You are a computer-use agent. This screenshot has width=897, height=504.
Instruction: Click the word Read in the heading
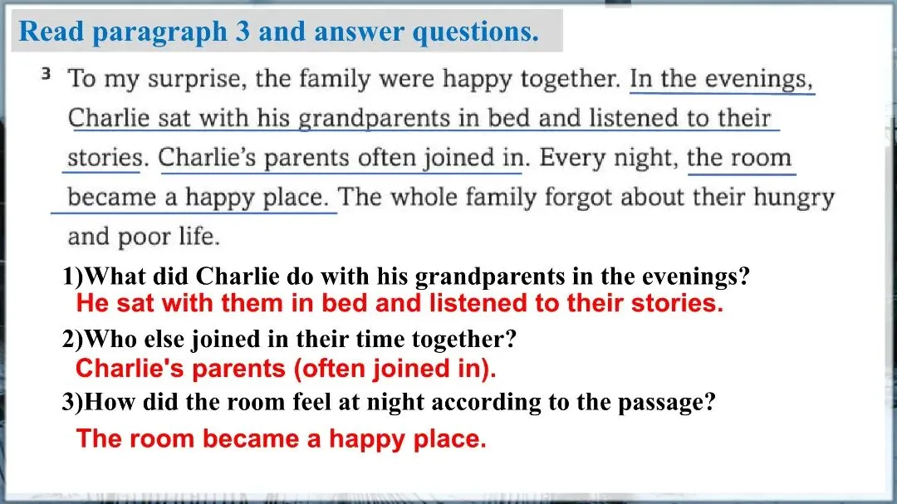(51, 31)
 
